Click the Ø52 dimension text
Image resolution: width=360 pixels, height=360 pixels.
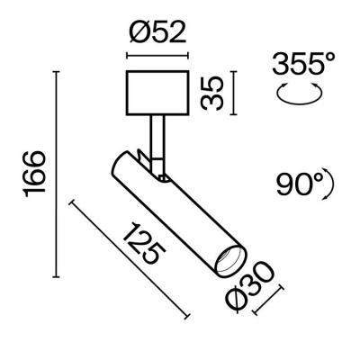[x=157, y=34]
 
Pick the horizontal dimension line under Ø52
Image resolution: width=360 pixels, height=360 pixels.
[x=157, y=57]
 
